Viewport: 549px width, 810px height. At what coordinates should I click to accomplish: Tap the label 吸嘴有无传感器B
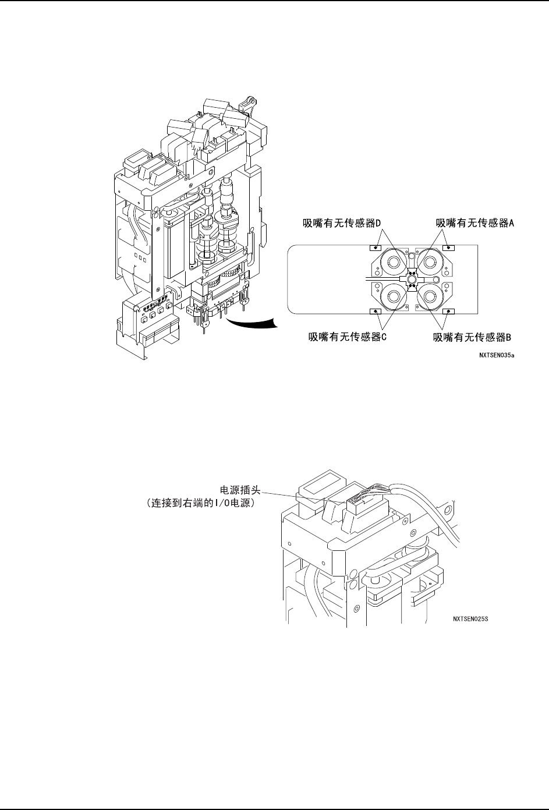pyautogui.click(x=472, y=336)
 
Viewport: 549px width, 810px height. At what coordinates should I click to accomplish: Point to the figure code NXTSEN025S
pyautogui.click(x=470, y=619)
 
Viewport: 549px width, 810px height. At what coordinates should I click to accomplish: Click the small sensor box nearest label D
pyautogui.click(x=377, y=247)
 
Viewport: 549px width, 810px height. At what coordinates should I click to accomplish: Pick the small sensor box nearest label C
pyautogui.click(x=377, y=312)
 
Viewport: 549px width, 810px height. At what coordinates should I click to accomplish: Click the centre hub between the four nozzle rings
pyautogui.click(x=412, y=280)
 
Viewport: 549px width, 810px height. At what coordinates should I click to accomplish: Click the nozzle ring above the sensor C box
pyautogui.click(x=392, y=296)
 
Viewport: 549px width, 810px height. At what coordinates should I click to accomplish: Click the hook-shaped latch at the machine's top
pyautogui.click(x=250, y=105)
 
